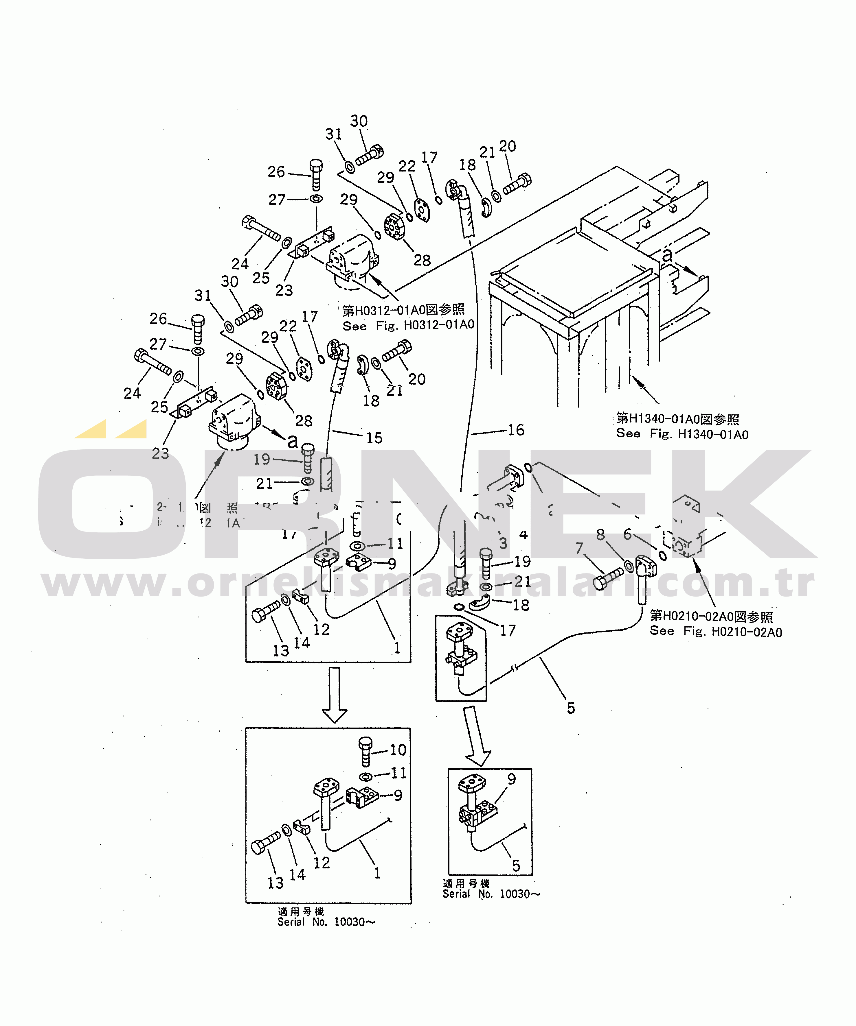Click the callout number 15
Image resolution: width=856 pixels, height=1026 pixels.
point(374,438)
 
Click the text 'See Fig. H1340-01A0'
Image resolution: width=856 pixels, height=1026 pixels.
point(682,434)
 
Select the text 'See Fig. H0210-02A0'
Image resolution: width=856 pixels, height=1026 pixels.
point(716,632)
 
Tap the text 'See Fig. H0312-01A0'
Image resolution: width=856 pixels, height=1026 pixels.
point(408,325)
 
